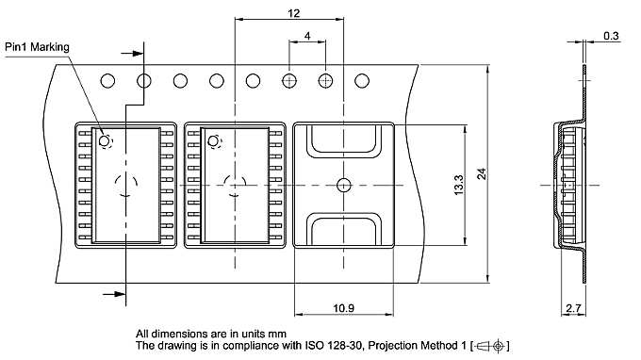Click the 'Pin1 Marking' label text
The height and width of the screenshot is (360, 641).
(37, 45)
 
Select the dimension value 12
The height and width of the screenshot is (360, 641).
(293, 12)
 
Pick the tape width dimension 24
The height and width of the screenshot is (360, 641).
(482, 173)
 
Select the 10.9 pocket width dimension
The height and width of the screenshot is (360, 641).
(343, 308)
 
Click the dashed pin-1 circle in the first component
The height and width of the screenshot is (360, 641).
(104, 142)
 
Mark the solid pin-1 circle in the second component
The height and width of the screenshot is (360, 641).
(213, 142)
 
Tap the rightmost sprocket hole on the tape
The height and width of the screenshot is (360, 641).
(363, 81)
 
